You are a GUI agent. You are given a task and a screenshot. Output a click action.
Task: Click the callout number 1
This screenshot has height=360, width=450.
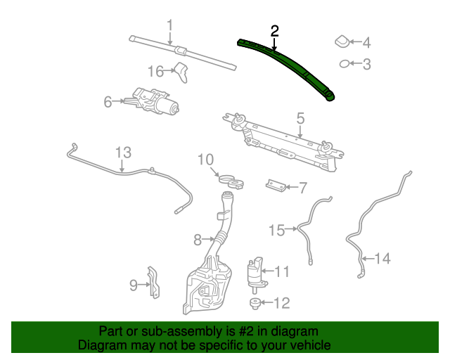click(169, 27)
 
